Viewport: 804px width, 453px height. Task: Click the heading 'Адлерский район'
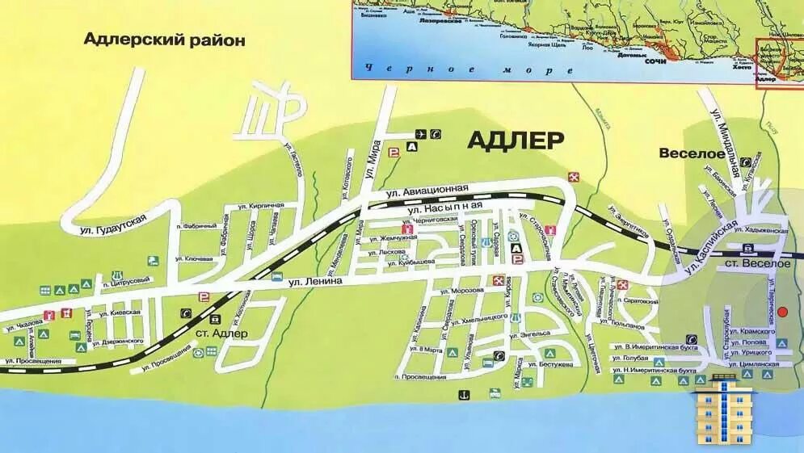165,40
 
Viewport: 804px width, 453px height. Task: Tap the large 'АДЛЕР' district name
516,140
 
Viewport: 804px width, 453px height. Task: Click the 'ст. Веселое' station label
757,264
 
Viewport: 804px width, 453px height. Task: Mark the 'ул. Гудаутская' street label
113,224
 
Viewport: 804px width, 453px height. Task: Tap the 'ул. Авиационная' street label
427,191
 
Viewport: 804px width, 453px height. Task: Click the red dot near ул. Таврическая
781,332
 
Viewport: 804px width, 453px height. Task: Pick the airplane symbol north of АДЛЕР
420,134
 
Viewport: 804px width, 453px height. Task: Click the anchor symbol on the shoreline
464,393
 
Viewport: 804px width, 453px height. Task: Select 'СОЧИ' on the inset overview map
656,60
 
